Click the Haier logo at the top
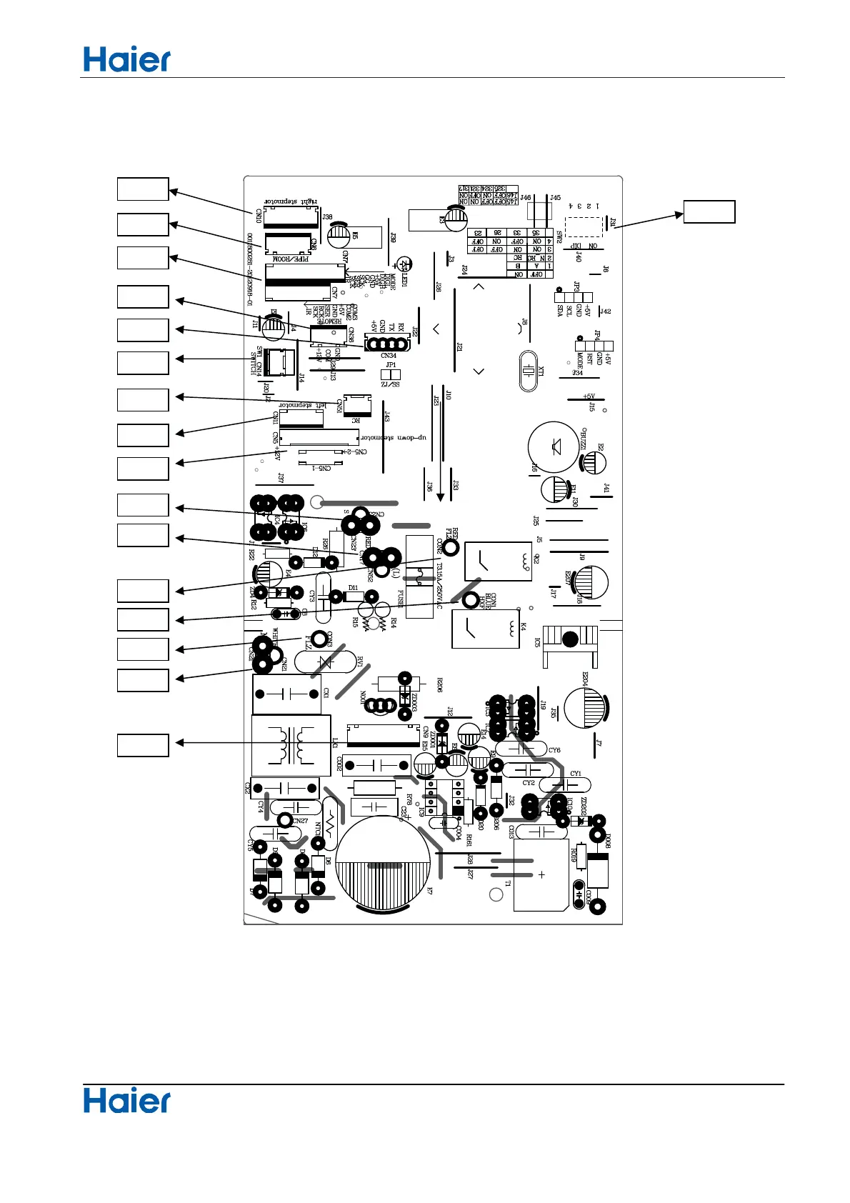coord(127,60)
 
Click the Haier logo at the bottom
coord(127,1101)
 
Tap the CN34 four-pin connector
coord(386,344)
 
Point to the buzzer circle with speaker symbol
coord(553,448)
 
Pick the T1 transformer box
coord(541,875)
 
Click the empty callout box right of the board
coord(709,212)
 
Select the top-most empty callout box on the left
coord(143,189)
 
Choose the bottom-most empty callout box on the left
coord(143,745)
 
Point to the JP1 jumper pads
coord(391,374)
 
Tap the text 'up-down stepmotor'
coord(394,437)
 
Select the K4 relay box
coord(485,629)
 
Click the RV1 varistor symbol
coord(326,662)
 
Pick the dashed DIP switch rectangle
coord(583,227)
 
